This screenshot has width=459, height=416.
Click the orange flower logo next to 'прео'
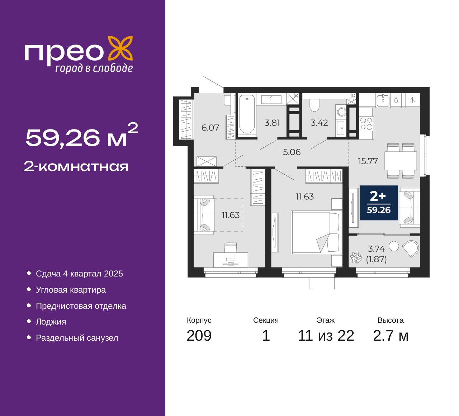click(120, 48)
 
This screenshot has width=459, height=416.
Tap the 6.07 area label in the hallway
click(210, 128)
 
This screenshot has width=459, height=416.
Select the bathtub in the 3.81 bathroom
click(247, 114)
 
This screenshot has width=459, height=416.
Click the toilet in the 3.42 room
click(314, 105)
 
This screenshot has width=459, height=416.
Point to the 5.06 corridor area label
click(292, 152)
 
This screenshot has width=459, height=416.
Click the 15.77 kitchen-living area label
click(368, 161)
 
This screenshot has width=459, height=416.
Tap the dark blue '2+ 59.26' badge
click(379, 203)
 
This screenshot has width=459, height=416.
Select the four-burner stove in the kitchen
click(366, 123)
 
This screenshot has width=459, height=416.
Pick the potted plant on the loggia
click(356, 257)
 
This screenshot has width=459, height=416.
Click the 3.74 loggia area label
click(377, 249)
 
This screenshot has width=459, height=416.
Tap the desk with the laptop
click(231, 260)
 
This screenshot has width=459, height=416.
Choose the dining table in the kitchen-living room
click(401, 161)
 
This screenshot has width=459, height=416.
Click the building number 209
click(199, 336)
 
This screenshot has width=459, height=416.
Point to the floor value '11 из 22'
click(326, 336)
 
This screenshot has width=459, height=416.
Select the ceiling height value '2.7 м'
click(391, 336)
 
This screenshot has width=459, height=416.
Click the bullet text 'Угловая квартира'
click(71, 290)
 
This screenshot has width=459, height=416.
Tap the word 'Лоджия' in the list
click(51, 322)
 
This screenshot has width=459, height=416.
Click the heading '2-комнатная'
click(76, 167)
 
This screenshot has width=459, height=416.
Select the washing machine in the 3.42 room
click(342, 112)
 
